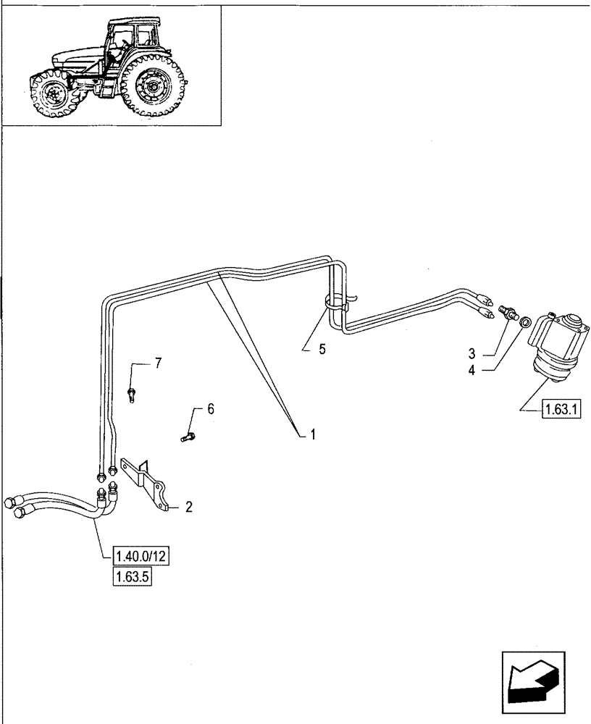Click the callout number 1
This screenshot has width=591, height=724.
click(313, 434)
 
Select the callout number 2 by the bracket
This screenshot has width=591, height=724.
click(188, 507)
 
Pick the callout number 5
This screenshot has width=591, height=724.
click(322, 349)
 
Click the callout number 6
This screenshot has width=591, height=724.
click(211, 409)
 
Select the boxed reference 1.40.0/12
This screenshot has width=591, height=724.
click(141, 557)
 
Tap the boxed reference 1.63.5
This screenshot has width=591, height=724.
click(132, 578)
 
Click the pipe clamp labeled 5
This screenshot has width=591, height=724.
click(334, 304)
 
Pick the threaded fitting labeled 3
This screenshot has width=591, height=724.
click(509, 313)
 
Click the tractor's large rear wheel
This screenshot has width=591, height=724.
click(153, 88)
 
